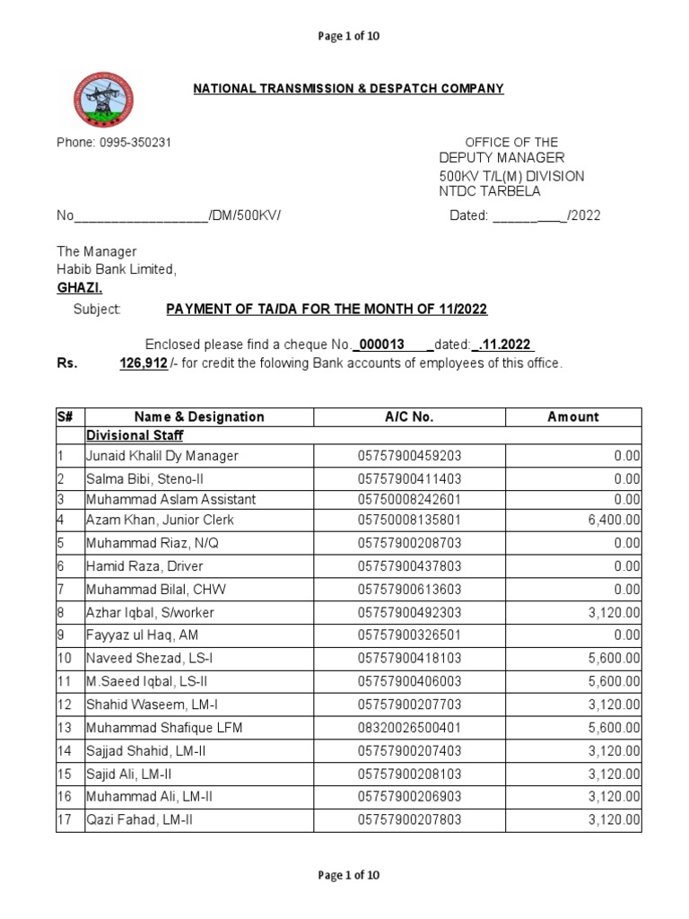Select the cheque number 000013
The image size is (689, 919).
tap(381, 346)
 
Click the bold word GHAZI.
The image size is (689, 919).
tap(81, 287)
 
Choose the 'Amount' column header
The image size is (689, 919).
tap(573, 416)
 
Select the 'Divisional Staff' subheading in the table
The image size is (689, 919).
tap(135, 435)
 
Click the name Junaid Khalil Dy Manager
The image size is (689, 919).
tap(161, 456)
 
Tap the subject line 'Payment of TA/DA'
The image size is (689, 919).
tap(327, 309)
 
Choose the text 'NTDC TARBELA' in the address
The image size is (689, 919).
tap(490, 191)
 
